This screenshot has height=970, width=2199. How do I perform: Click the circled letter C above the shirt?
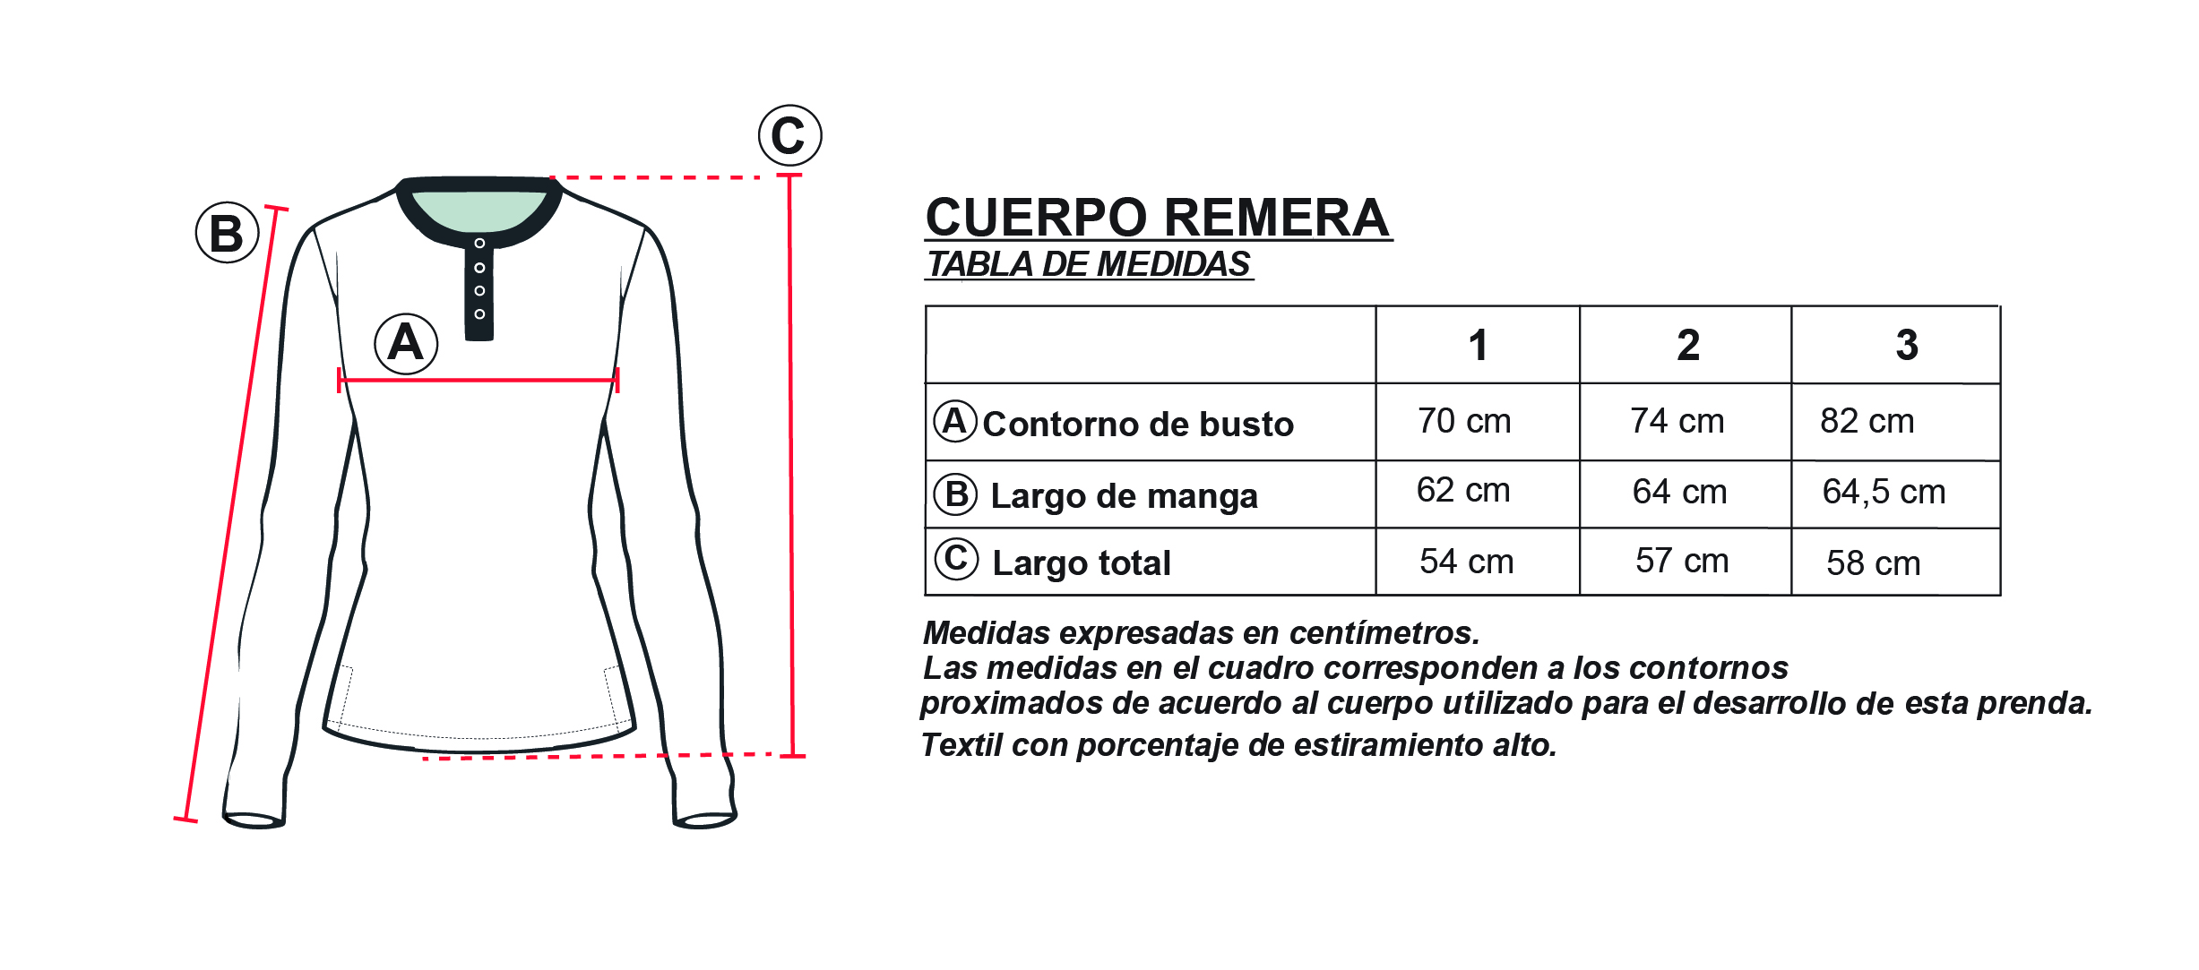pos(789,135)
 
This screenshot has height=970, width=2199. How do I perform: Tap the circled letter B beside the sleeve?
pos(227,233)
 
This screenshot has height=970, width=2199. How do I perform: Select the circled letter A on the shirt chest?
pos(406,343)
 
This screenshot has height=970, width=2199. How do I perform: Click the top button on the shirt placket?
pos(479,244)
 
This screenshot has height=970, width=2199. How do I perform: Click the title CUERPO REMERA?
pos(1158,218)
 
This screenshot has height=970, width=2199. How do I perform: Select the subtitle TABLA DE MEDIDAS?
pos(1089,264)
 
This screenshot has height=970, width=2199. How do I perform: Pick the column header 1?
pos(1478,346)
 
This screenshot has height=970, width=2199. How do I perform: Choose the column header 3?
pos(1907,345)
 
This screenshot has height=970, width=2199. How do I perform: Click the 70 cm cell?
pos(1464,421)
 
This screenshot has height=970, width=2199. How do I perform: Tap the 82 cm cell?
pos(1867,421)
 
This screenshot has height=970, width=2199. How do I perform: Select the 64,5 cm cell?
pos(1884,492)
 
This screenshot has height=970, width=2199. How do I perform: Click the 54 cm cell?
pos(1466,562)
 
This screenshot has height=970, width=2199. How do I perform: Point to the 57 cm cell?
pos(1681,561)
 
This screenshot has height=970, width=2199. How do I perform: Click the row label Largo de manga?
pos(1124,496)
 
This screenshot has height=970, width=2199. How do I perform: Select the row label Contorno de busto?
pos(1138,425)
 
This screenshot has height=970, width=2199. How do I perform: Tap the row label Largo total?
pos(1082,563)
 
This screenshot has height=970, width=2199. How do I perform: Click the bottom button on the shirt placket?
pos(479,314)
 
